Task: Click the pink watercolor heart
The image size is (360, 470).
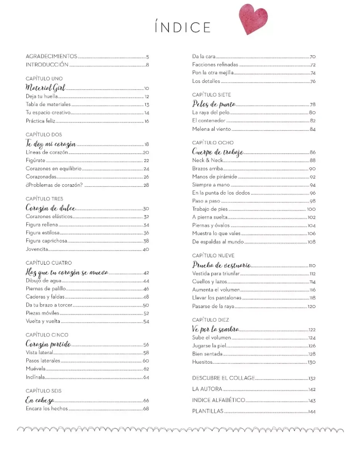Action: (x=253, y=19)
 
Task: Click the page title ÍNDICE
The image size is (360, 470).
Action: (x=183, y=27)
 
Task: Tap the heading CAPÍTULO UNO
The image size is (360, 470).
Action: (x=44, y=79)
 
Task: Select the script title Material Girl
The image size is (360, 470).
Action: (x=45, y=88)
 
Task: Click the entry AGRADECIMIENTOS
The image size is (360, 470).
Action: (x=51, y=56)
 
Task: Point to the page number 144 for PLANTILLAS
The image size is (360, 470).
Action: (x=312, y=412)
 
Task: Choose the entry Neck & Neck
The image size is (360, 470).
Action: (x=207, y=160)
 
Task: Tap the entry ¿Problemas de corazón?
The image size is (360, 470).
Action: (x=54, y=185)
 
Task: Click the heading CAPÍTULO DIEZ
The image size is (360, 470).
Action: (x=210, y=320)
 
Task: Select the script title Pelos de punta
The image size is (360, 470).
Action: (x=214, y=104)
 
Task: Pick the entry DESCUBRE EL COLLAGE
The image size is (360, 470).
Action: (x=223, y=378)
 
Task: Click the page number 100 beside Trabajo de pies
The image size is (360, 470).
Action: (x=311, y=209)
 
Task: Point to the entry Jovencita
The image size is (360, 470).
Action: (x=37, y=249)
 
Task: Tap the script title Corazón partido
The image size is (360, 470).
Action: (x=48, y=344)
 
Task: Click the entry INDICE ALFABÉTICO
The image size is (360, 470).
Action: (x=219, y=400)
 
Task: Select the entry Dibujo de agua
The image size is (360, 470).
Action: (x=43, y=281)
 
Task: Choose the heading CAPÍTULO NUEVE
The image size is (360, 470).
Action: (x=213, y=256)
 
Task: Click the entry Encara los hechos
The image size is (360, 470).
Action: (x=47, y=409)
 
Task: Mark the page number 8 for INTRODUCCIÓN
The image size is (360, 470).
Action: (x=147, y=65)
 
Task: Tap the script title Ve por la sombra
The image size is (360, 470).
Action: (x=216, y=329)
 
